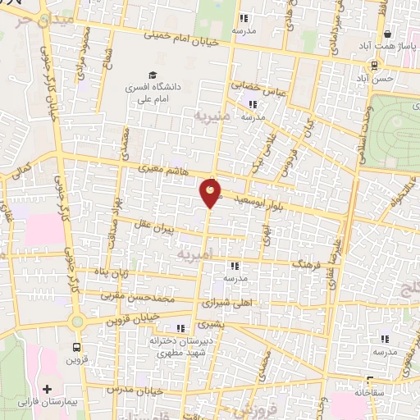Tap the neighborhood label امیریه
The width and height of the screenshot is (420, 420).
point(195,256)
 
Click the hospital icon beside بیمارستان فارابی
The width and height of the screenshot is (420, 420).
point(47,388)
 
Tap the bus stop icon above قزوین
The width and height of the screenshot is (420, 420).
point(76,347)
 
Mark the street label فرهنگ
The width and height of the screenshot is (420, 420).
point(309,267)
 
